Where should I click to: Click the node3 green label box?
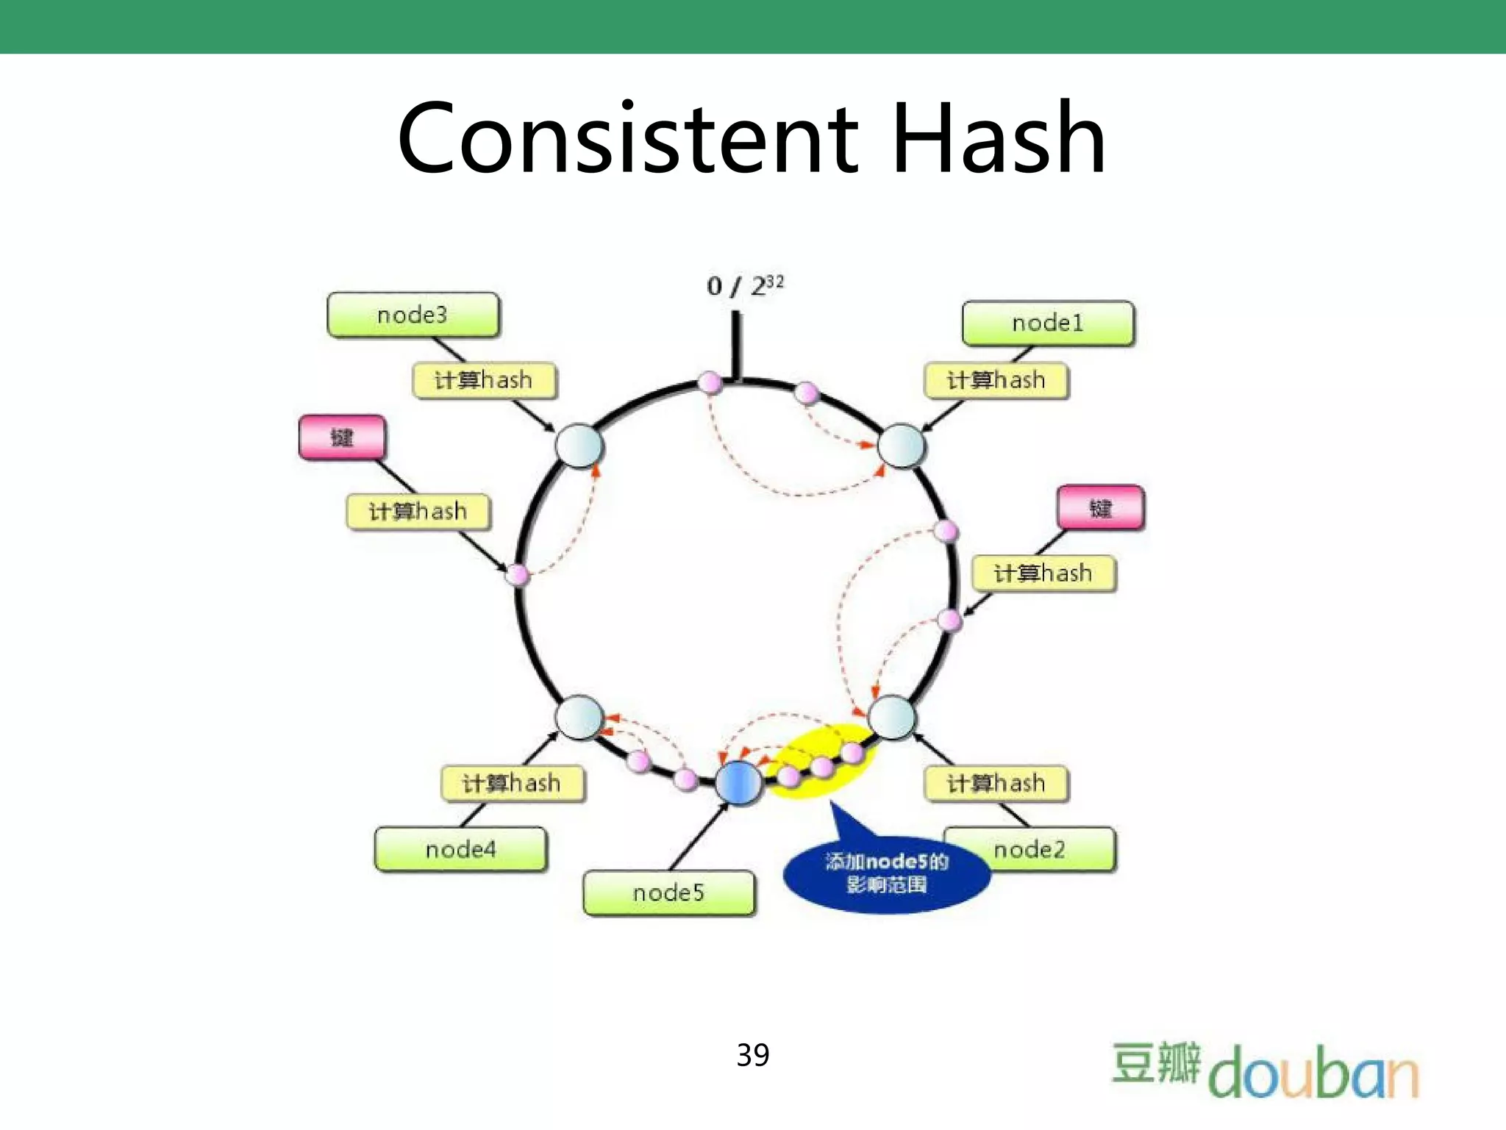(413, 315)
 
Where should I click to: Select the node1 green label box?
(1047, 323)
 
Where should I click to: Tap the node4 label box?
(460, 850)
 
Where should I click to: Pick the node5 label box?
(668, 893)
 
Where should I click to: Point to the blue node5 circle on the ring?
(738, 782)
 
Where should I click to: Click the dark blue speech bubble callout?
(886, 873)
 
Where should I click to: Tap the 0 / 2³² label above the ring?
(744, 285)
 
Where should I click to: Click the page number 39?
(752, 1055)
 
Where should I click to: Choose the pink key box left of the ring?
(342, 437)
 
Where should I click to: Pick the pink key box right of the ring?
(1100, 507)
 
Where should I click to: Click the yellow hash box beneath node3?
(484, 380)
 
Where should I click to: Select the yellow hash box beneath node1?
(996, 380)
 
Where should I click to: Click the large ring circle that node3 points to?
(579, 446)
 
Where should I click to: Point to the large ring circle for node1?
(902, 446)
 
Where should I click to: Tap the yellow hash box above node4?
(512, 784)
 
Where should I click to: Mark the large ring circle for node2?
(891, 717)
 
